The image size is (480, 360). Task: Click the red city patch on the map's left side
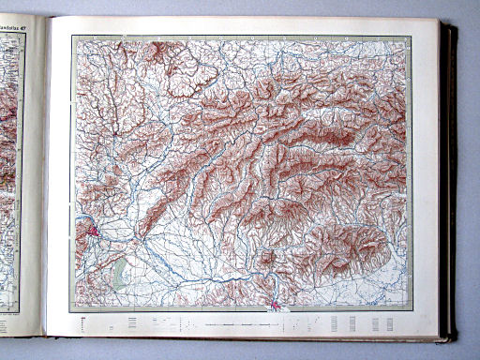[x=94, y=229]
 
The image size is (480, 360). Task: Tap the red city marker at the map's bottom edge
[x=275, y=305]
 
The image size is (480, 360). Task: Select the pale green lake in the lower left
[x=119, y=272]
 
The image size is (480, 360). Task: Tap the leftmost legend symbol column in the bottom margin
[x=83, y=324]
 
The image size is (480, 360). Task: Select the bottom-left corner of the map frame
[x=70, y=311]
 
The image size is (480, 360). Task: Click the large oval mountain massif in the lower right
[x=347, y=246]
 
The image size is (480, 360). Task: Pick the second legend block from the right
[x=374, y=323]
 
